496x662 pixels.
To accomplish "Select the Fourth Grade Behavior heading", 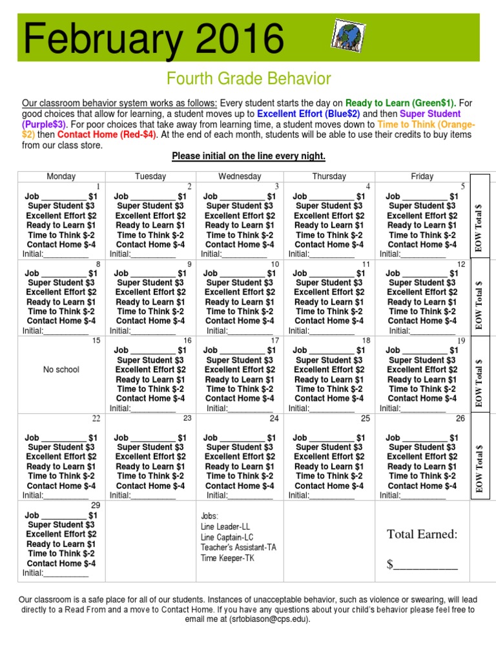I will pos(249,79).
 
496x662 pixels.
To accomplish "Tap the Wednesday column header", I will pos(240,176).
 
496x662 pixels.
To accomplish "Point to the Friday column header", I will pos(422,176).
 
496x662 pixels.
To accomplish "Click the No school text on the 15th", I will pos(61,370).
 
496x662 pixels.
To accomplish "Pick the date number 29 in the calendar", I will pos(96,506).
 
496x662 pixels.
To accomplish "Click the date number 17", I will pos(274,341).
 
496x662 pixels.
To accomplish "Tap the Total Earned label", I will pos(422,534).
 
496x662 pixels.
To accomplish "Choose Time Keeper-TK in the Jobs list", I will pos(227,558).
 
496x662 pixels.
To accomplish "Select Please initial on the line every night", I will pos(248,157).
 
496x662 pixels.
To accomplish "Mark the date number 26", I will pos(460,419).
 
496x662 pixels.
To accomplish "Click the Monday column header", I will pos(61,176).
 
